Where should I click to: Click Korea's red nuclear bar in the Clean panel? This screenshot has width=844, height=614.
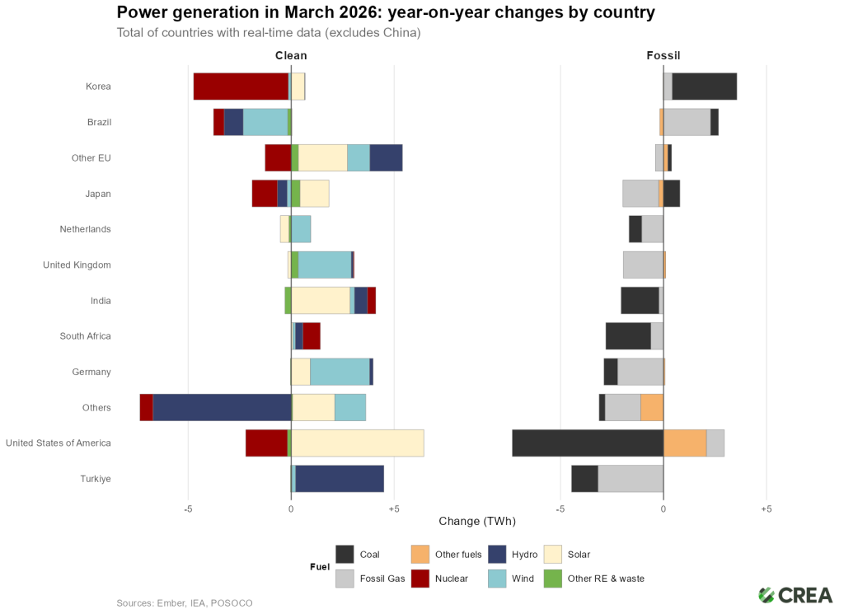tap(241, 87)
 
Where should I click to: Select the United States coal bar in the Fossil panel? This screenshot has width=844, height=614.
tap(587, 443)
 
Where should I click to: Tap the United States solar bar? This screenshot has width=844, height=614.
tap(358, 443)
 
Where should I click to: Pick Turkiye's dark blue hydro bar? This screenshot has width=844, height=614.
tap(340, 479)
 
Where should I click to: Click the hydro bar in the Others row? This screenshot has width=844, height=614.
tap(222, 408)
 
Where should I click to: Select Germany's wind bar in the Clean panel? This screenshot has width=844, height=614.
tap(340, 372)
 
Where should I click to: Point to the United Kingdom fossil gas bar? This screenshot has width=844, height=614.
tap(643, 265)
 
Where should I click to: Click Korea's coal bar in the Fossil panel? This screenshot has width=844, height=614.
tap(704, 87)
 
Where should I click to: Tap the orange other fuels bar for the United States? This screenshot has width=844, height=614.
tap(684, 443)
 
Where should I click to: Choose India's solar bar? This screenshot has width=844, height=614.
tap(320, 301)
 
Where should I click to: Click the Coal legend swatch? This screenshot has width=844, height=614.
tap(345, 555)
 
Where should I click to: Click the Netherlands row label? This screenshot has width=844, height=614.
tap(85, 229)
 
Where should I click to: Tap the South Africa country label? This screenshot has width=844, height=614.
tap(85, 336)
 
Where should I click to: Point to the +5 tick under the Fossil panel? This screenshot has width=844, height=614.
tap(766, 509)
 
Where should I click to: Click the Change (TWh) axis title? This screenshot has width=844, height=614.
tap(477, 522)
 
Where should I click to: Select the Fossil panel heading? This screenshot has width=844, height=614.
tap(663, 56)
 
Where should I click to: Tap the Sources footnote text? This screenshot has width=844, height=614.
tap(185, 603)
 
